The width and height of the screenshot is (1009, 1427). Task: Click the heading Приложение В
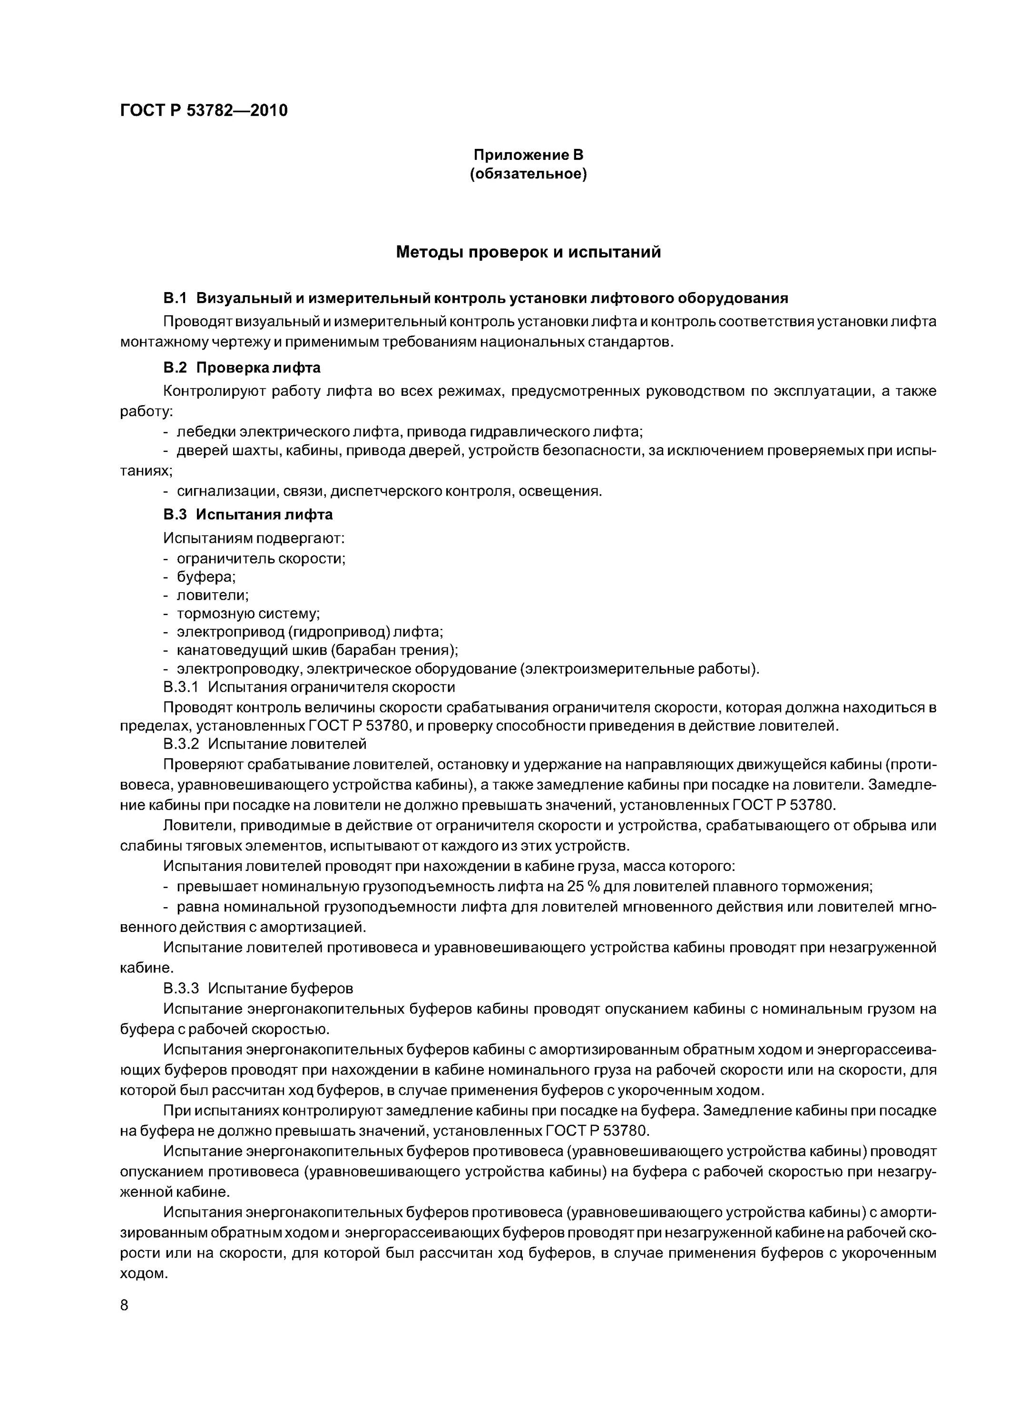coord(528,154)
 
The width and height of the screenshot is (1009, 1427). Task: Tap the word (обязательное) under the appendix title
coord(528,174)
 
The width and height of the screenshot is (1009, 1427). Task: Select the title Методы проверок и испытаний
coord(528,252)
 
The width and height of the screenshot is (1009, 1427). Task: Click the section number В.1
coord(175,298)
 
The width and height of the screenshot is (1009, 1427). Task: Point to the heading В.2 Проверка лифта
coord(241,368)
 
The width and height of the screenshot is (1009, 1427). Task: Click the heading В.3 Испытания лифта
coord(247,515)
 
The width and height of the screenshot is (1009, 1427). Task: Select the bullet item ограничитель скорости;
coord(261,558)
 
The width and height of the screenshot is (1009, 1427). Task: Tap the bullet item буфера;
coord(206,577)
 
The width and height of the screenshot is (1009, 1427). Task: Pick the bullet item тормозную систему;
coord(248,614)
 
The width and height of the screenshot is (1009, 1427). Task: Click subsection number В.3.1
coord(180,687)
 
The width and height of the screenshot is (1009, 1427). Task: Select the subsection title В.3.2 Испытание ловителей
coord(264,743)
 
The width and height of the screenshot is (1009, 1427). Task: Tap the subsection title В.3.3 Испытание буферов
coord(257,988)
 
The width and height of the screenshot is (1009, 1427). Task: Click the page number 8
coord(124,1305)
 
